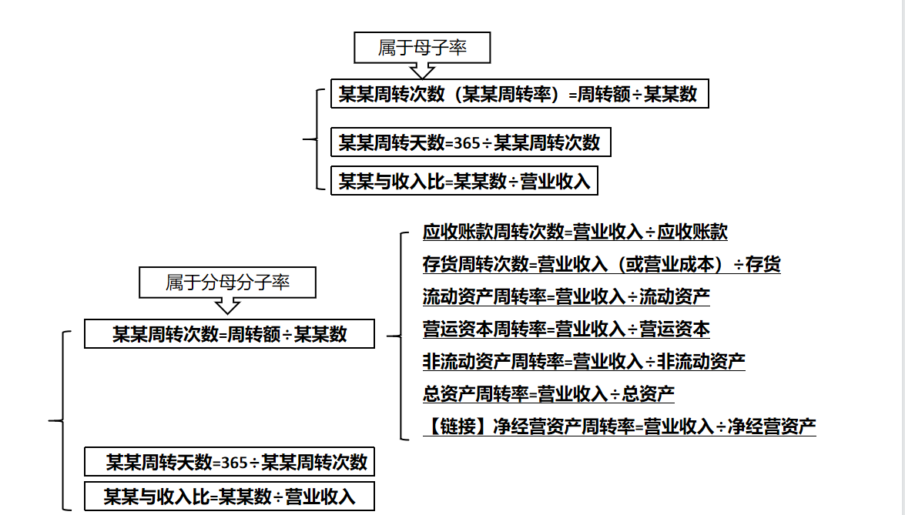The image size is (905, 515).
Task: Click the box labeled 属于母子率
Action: click(x=422, y=47)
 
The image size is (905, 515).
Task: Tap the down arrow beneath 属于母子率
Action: click(x=422, y=71)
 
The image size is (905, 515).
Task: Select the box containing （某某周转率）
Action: click(x=519, y=93)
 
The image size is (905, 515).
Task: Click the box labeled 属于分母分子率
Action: click(x=227, y=282)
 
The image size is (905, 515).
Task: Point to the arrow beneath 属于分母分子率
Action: click(x=227, y=306)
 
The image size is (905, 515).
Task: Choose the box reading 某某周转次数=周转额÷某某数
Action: click(x=229, y=334)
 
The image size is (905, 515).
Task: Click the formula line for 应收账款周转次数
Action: click(x=575, y=232)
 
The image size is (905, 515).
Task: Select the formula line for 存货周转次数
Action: click(x=602, y=264)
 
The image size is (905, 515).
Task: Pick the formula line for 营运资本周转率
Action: click(x=566, y=329)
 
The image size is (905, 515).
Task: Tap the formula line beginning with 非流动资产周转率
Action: click(x=584, y=362)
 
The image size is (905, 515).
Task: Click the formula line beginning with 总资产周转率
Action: click(x=548, y=394)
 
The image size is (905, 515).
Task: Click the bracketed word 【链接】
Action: click(x=458, y=426)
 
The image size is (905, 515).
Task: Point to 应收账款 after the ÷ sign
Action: click(x=692, y=232)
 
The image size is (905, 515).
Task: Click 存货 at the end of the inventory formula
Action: click(x=763, y=264)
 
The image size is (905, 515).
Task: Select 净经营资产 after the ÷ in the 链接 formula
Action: click(x=772, y=426)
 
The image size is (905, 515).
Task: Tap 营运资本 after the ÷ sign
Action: click(x=675, y=329)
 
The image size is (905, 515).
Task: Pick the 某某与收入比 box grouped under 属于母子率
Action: click(x=464, y=181)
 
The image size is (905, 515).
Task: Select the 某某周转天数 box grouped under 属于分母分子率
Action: click(x=229, y=462)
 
